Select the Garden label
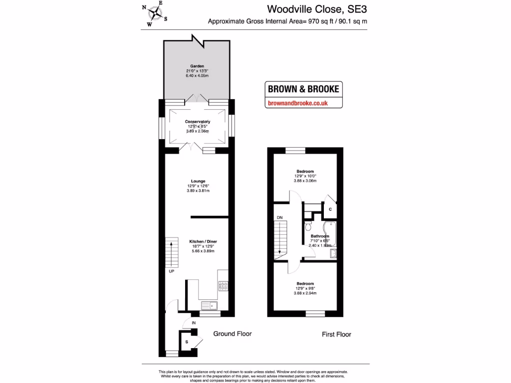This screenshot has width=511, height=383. tap(197, 66)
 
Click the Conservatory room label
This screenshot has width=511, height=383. tap(198, 122)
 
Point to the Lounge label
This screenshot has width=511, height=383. tap(198, 181)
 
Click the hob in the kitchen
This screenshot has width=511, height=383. tap(223, 286)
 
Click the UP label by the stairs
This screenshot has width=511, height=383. tap(171, 272)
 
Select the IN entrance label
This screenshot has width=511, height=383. tap(193, 323)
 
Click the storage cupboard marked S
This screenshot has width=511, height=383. tap(187, 342)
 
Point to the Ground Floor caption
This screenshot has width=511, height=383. tap(233, 334)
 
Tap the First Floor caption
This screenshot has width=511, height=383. tap(336, 334)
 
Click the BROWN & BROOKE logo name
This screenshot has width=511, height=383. tap(303, 89)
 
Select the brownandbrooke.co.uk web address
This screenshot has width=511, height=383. tap(297, 103)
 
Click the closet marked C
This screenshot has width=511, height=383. tap(330, 209)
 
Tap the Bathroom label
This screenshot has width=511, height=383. tap(320, 236)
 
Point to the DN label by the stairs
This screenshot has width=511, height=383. tap(279, 217)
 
